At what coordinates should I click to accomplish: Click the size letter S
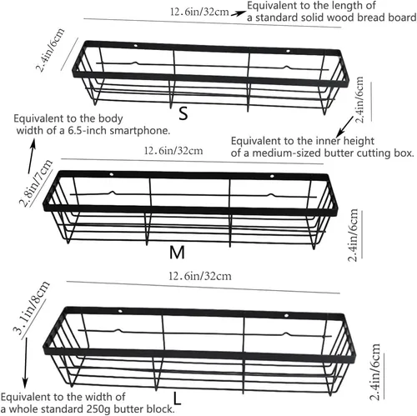pos(183,113)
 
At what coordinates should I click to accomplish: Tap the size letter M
pos(177,253)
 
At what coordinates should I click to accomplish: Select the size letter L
pos(177,398)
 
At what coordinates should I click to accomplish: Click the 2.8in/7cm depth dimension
pos(35,183)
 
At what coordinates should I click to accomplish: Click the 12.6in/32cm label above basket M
pos(173,151)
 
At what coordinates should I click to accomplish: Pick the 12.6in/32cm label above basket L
pos(200,276)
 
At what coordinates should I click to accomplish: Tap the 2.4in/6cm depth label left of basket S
pos(51,50)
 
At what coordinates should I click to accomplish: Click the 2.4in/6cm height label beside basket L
pos(375,372)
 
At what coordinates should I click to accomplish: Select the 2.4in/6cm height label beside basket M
pos(353,235)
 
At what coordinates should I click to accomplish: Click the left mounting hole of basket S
pos(136,46)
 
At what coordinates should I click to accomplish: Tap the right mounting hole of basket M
pos(272,176)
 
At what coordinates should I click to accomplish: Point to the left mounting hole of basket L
pos(120,311)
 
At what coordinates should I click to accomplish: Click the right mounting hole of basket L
pos(287,316)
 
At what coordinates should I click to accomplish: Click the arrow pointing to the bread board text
pos(239,13)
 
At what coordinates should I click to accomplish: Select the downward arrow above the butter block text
pos(25,363)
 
